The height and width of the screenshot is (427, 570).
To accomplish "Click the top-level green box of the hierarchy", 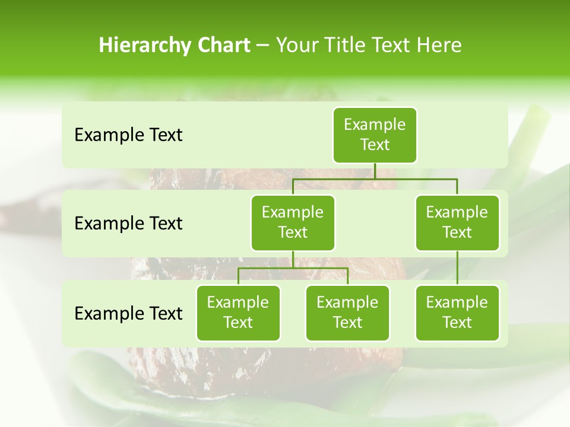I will tap(375, 135).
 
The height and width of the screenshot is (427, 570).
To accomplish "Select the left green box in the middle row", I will tap(293, 222).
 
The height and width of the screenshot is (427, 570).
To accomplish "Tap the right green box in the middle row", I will tap(457, 222).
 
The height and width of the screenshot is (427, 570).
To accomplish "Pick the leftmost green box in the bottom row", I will tap(238, 313).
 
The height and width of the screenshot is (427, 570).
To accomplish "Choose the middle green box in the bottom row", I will tap(347, 313).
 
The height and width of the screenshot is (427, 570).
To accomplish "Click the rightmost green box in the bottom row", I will tap(457, 313).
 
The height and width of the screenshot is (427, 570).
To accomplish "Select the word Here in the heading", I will tap(439, 46).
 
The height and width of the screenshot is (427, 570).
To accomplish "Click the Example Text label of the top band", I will tap(128, 135).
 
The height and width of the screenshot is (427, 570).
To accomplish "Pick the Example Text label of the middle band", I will tap(128, 224).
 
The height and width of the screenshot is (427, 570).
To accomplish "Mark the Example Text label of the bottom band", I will tap(128, 313).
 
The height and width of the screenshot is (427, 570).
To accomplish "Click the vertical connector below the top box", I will tap(375, 171).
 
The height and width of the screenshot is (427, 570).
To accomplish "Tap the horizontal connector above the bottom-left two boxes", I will tap(293, 268).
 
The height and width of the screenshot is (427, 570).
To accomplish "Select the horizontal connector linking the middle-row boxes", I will tap(375, 178).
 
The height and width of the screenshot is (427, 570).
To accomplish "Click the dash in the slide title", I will tap(262, 46).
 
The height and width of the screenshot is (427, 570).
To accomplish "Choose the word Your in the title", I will tap(296, 46).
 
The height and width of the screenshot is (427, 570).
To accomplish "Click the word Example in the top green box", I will tap(375, 125).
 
